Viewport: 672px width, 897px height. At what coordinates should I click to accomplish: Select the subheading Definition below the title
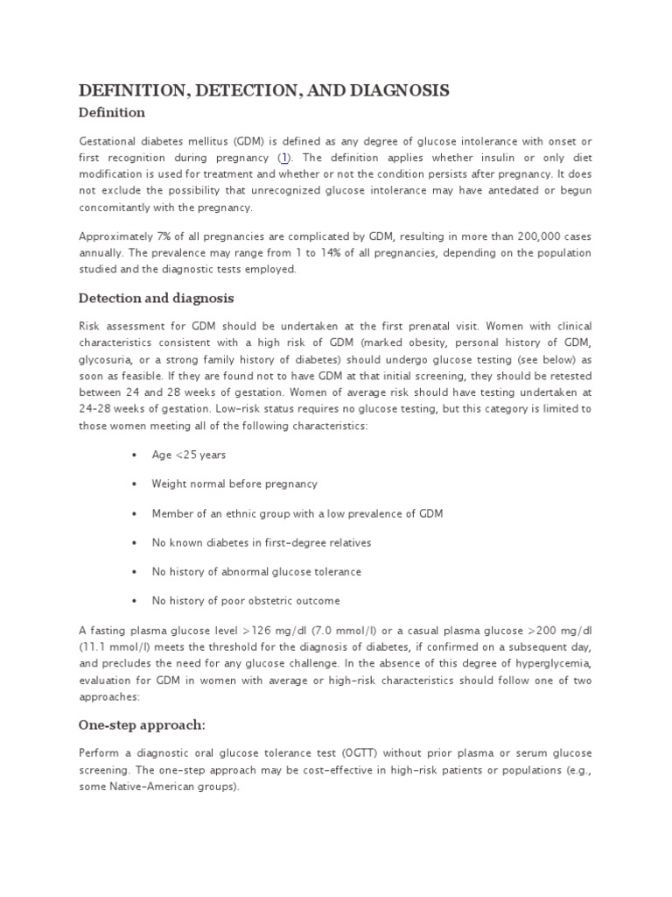tap(112, 113)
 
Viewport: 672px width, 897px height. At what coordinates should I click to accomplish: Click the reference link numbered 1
tap(283, 158)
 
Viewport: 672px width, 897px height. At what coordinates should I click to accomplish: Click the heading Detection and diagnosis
tap(157, 298)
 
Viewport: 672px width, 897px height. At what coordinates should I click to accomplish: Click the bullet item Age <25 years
tap(189, 456)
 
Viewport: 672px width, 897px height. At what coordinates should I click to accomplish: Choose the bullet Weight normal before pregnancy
tap(234, 484)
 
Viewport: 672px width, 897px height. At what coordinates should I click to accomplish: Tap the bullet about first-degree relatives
tap(262, 543)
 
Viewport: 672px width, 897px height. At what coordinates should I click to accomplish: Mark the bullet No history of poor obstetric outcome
tap(246, 601)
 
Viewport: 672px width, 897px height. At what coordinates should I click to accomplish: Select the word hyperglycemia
tap(551, 663)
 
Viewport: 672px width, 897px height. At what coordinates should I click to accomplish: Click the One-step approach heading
tap(143, 724)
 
